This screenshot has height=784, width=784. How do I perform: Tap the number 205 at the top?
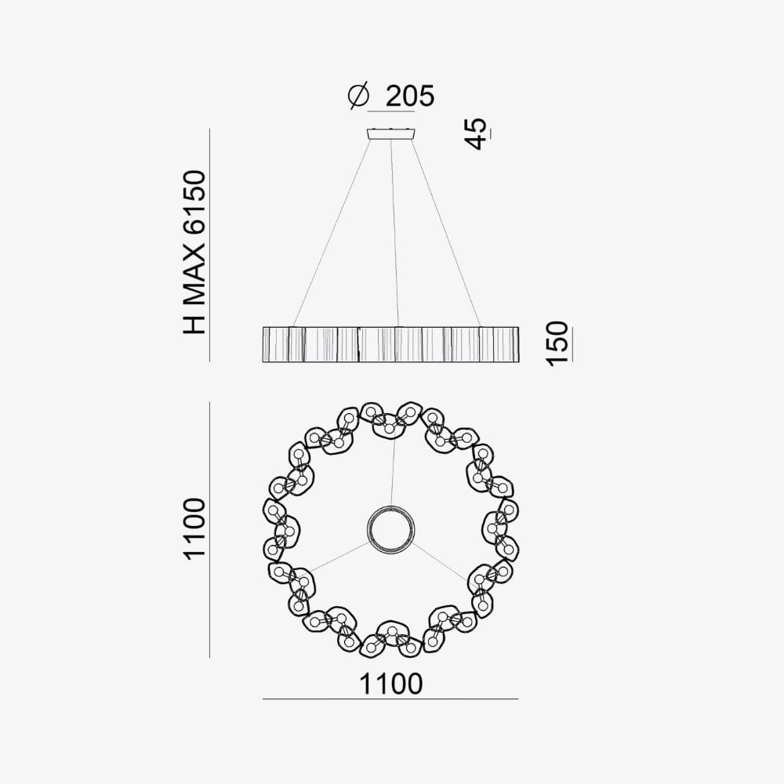tap(409, 96)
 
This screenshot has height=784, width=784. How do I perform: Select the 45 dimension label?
tap(476, 133)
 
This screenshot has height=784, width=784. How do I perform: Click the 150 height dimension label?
tap(557, 344)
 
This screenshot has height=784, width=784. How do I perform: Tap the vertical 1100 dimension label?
tap(194, 528)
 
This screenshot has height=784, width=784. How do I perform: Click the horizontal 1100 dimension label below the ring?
tap(391, 684)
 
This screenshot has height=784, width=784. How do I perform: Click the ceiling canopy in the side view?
tap(391, 133)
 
